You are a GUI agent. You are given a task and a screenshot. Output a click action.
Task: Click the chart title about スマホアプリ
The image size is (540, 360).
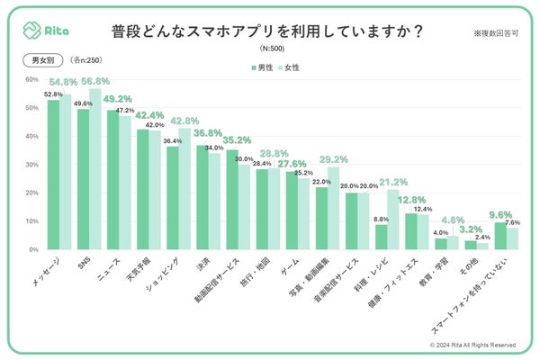[x=268, y=30]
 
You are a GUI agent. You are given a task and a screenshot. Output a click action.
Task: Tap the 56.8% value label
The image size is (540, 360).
[x=93, y=80]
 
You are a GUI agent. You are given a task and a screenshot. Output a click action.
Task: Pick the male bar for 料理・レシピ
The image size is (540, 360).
[x=382, y=237]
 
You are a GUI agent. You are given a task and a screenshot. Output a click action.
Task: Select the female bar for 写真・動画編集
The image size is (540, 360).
[x=333, y=208]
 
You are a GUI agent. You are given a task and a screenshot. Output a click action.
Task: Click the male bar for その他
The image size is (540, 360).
[x=471, y=245]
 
